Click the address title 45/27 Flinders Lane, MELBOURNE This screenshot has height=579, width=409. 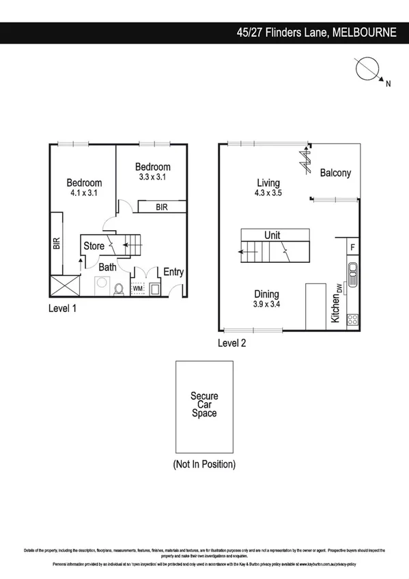pos(315,32)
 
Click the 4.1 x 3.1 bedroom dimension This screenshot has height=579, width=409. pos(84,194)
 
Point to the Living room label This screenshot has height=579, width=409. pos(268,182)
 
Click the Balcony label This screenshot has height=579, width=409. pos(335,173)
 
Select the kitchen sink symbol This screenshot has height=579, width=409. pos(353,274)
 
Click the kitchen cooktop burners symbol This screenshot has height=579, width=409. pos(353,319)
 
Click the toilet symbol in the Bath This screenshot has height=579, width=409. pos(118,289)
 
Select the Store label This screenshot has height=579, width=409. pos(94,246)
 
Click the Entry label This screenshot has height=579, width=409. pos(173,272)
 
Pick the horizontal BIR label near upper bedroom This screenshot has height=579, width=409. pos(162,206)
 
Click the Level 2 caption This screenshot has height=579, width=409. pos(232,343)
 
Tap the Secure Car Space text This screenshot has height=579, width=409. pos(204,404)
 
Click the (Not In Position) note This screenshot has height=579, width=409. pos(204,464)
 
